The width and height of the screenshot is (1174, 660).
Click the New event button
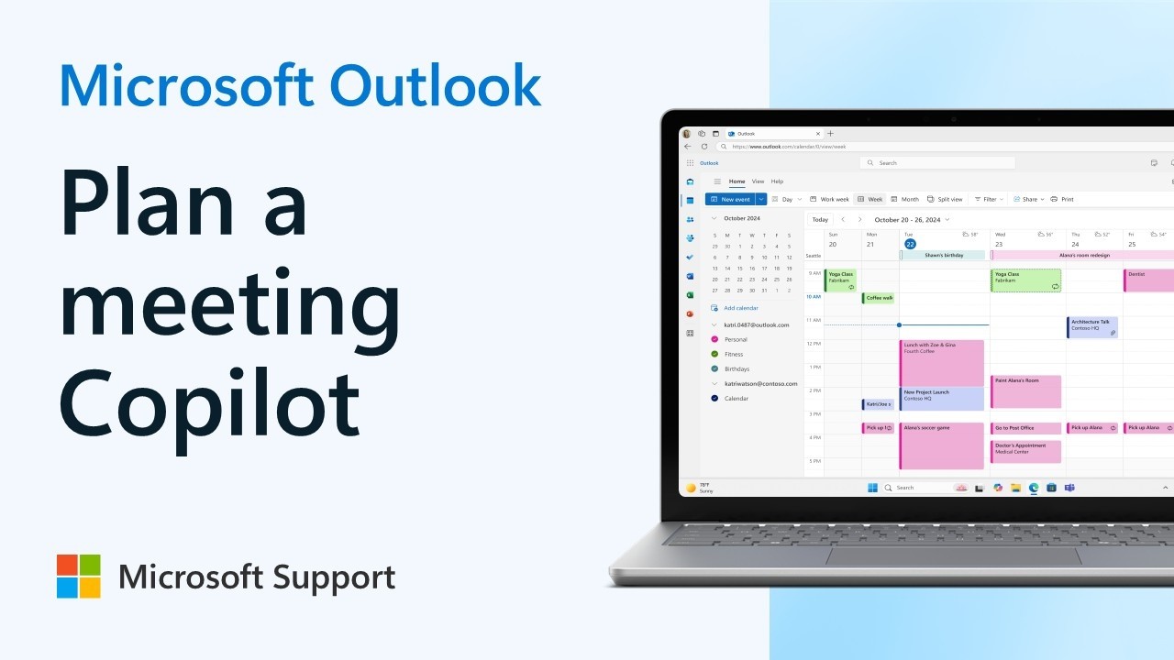pyautogui.click(x=730, y=199)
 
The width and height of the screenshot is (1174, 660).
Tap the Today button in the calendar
pyautogui.click(x=820, y=219)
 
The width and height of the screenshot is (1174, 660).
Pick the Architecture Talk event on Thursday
pyautogui.click(x=1091, y=326)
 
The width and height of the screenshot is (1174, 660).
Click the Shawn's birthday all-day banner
pyautogui.click(x=942, y=255)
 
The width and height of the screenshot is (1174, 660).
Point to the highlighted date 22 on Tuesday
pyautogui.click(x=910, y=244)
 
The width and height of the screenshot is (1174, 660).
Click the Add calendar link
pyautogui.click(x=740, y=308)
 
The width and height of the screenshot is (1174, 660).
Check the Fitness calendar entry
pyautogui.click(x=734, y=354)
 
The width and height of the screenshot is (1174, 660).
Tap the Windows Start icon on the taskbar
pyautogui.click(x=872, y=488)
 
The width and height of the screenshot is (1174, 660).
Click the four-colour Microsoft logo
pyautogui.click(x=79, y=576)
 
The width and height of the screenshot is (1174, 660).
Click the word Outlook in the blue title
pyautogui.click(x=435, y=86)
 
